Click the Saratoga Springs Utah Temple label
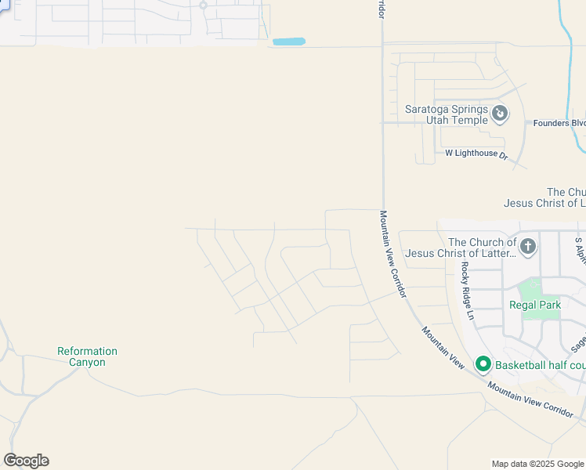point(446,114)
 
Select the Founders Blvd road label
point(559,123)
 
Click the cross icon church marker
point(528,247)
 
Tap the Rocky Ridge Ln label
point(468,280)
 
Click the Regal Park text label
point(535,305)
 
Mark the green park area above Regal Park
point(541,288)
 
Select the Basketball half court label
point(541,365)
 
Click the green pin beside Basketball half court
point(483,364)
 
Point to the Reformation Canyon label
point(87,356)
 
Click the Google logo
point(26,461)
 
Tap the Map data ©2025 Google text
point(537,464)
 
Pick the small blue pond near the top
point(288,42)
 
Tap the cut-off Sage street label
point(577,342)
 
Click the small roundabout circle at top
point(203,5)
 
